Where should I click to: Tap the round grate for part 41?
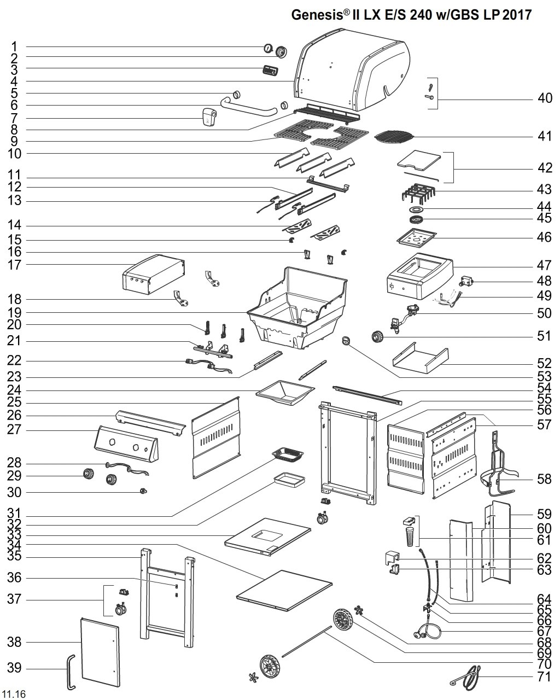(x=393, y=137)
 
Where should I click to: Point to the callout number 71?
(x=544, y=677)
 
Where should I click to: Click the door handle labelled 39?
(x=71, y=670)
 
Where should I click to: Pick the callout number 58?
(x=544, y=480)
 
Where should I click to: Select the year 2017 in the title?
(x=517, y=15)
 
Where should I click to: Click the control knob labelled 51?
(x=377, y=336)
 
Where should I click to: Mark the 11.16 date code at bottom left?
(x=14, y=694)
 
